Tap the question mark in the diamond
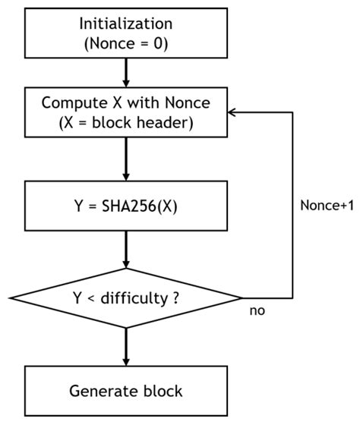click(176, 297)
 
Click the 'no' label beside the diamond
click(256, 311)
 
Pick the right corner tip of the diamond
click(241, 297)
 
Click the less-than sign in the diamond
click(92, 297)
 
